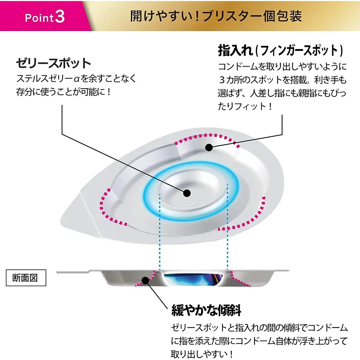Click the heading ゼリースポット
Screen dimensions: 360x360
(x=54, y=64)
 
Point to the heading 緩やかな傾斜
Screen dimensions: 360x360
(x=206, y=310)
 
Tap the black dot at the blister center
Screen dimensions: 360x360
(x=186, y=193)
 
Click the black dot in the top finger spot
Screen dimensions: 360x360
(x=208, y=147)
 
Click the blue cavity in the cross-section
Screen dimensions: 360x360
(x=191, y=279)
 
